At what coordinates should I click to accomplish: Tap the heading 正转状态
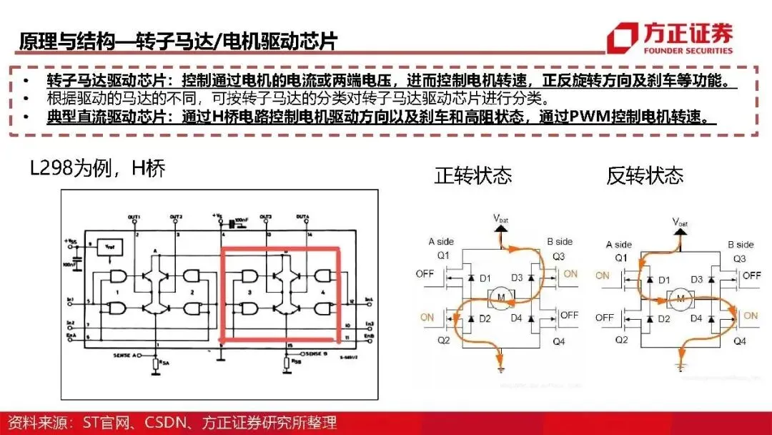tap(472, 175)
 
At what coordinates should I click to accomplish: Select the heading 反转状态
tap(645, 175)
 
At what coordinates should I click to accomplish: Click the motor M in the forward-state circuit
tap(500, 296)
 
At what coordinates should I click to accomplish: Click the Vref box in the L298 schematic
tap(109, 245)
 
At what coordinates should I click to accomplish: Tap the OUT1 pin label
tap(134, 216)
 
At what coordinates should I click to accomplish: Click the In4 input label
tap(369, 299)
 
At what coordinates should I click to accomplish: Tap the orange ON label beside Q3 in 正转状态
tap(570, 274)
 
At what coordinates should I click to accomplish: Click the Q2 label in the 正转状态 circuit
tap(443, 341)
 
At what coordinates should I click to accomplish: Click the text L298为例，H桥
tap(98, 169)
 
